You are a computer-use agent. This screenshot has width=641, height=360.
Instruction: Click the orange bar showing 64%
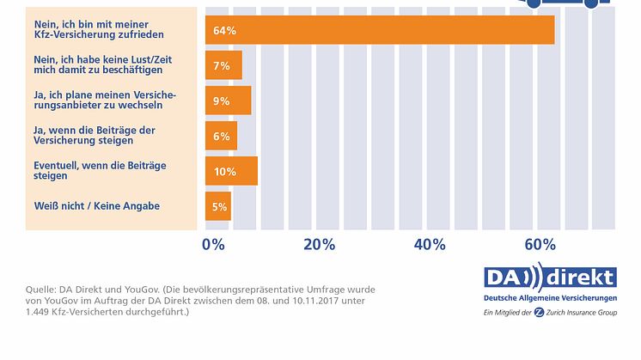click(379, 30)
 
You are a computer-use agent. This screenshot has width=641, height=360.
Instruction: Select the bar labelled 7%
click(223, 65)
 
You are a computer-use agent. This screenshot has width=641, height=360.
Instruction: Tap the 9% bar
click(228, 101)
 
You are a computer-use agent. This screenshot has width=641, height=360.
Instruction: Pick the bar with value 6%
click(221, 136)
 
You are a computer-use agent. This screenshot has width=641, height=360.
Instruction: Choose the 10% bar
click(231, 171)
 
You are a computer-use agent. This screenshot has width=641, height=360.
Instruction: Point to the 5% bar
click(218, 206)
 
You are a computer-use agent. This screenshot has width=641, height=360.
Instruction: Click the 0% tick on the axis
click(212, 244)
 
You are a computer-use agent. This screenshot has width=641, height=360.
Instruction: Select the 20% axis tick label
click(319, 244)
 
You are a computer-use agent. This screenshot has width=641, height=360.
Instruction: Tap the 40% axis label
click(429, 244)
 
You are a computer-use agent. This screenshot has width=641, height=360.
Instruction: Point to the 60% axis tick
click(539, 244)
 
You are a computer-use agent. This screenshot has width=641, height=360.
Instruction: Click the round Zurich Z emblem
click(539, 312)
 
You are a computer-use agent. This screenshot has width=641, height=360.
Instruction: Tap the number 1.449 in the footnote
click(38, 314)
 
